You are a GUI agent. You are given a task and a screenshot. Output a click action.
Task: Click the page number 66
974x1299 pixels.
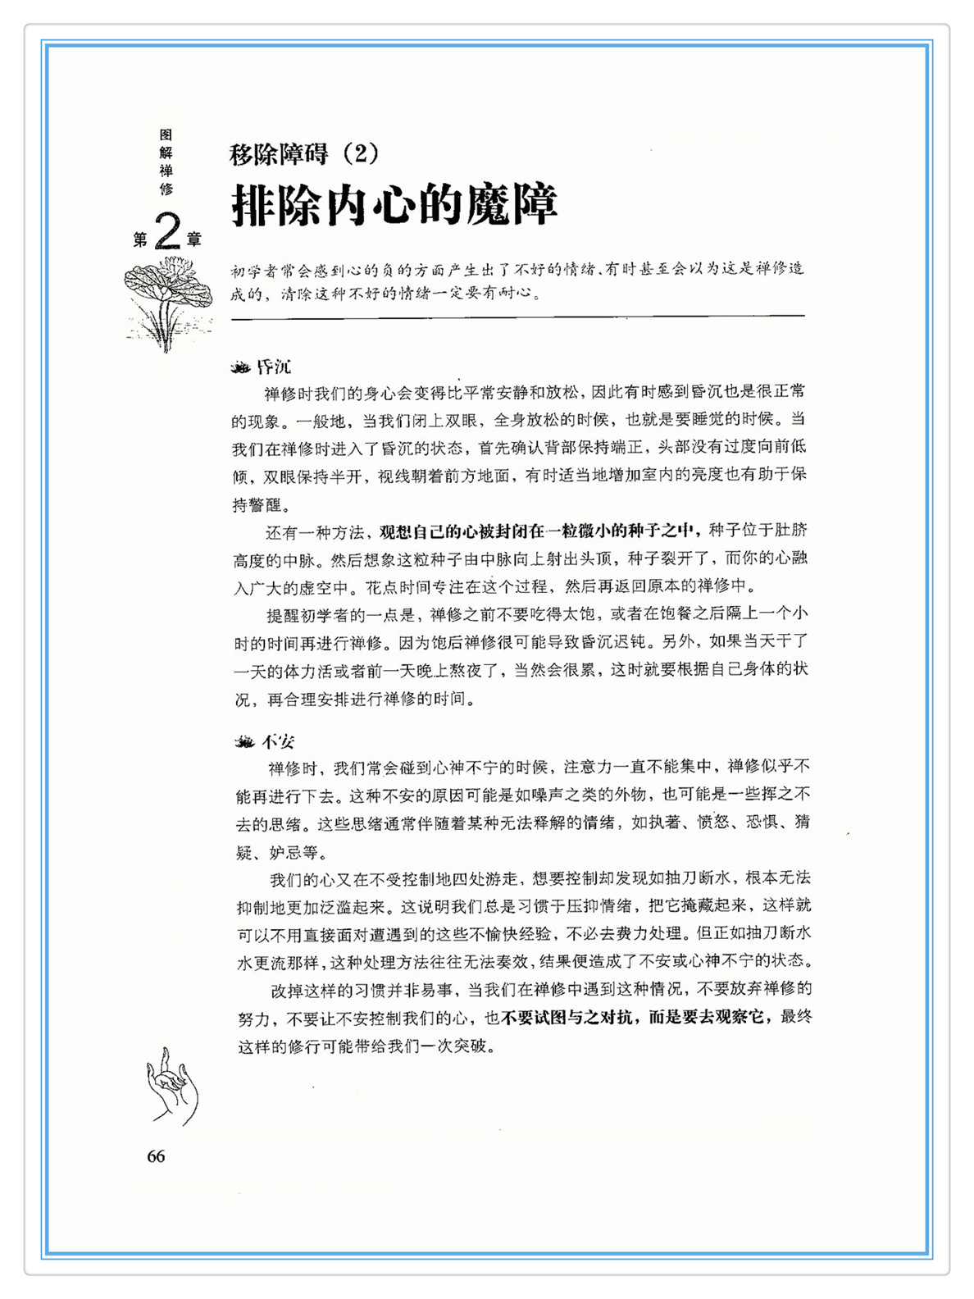(156, 1156)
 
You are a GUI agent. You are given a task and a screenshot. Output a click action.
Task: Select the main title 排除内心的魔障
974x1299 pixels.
(394, 204)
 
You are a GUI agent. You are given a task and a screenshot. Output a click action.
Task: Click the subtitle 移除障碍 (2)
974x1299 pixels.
(304, 153)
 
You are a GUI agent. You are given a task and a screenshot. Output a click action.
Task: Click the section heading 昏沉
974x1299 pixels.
(274, 367)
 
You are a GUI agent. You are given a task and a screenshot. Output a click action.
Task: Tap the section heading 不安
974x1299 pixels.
(278, 742)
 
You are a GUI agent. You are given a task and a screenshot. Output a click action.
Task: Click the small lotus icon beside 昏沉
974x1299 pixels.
(241, 367)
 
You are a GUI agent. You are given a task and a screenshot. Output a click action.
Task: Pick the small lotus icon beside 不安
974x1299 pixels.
(244, 742)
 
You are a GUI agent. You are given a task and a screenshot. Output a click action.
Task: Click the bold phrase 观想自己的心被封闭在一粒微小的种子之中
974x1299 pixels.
(539, 531)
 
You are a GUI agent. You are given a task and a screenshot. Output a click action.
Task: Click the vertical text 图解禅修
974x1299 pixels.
(166, 162)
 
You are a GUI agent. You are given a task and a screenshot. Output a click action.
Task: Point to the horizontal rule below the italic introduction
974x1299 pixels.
(517, 317)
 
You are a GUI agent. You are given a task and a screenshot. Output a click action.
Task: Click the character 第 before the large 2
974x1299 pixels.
(140, 239)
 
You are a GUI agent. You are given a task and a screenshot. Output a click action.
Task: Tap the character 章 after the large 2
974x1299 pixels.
(193, 239)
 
